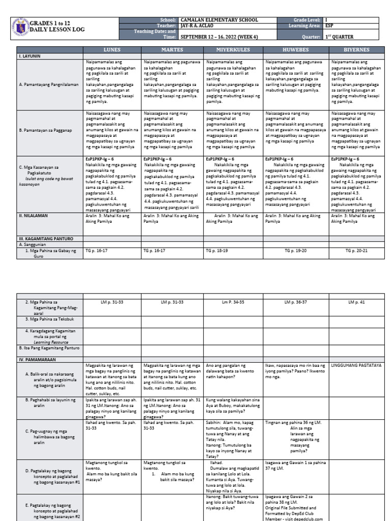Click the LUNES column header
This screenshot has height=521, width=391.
tap(112, 50)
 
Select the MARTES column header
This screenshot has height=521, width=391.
tap(172, 50)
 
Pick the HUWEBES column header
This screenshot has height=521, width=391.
tap(296, 50)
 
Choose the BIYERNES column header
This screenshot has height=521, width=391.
tap(356, 50)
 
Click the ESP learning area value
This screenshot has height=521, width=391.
tap(329, 25)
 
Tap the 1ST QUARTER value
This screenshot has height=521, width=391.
tap(339, 37)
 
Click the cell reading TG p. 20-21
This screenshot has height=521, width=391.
tap(356, 251)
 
